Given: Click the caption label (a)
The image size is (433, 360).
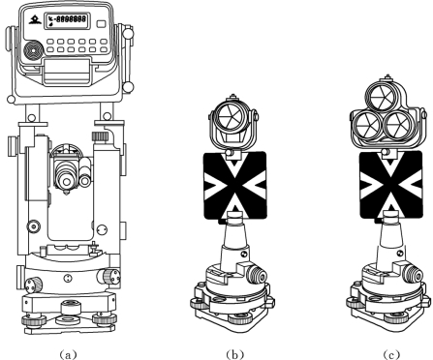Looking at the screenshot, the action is pyautogui.click(x=68, y=354).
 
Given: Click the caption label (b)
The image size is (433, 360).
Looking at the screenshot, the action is pyautogui.click(x=234, y=354).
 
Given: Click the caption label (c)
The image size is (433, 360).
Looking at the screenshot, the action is pyautogui.click(x=391, y=354).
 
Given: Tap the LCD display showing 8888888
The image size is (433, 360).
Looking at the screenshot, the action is pyautogui.click(x=67, y=20).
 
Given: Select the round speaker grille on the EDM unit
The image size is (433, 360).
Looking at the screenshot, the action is pyautogui.click(x=34, y=51).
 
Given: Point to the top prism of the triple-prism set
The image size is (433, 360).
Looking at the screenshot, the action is pyautogui.click(x=382, y=98).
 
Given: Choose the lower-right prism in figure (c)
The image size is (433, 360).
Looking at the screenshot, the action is pyautogui.click(x=398, y=126).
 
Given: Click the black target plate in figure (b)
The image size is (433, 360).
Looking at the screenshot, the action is pyautogui.click(x=235, y=186).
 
